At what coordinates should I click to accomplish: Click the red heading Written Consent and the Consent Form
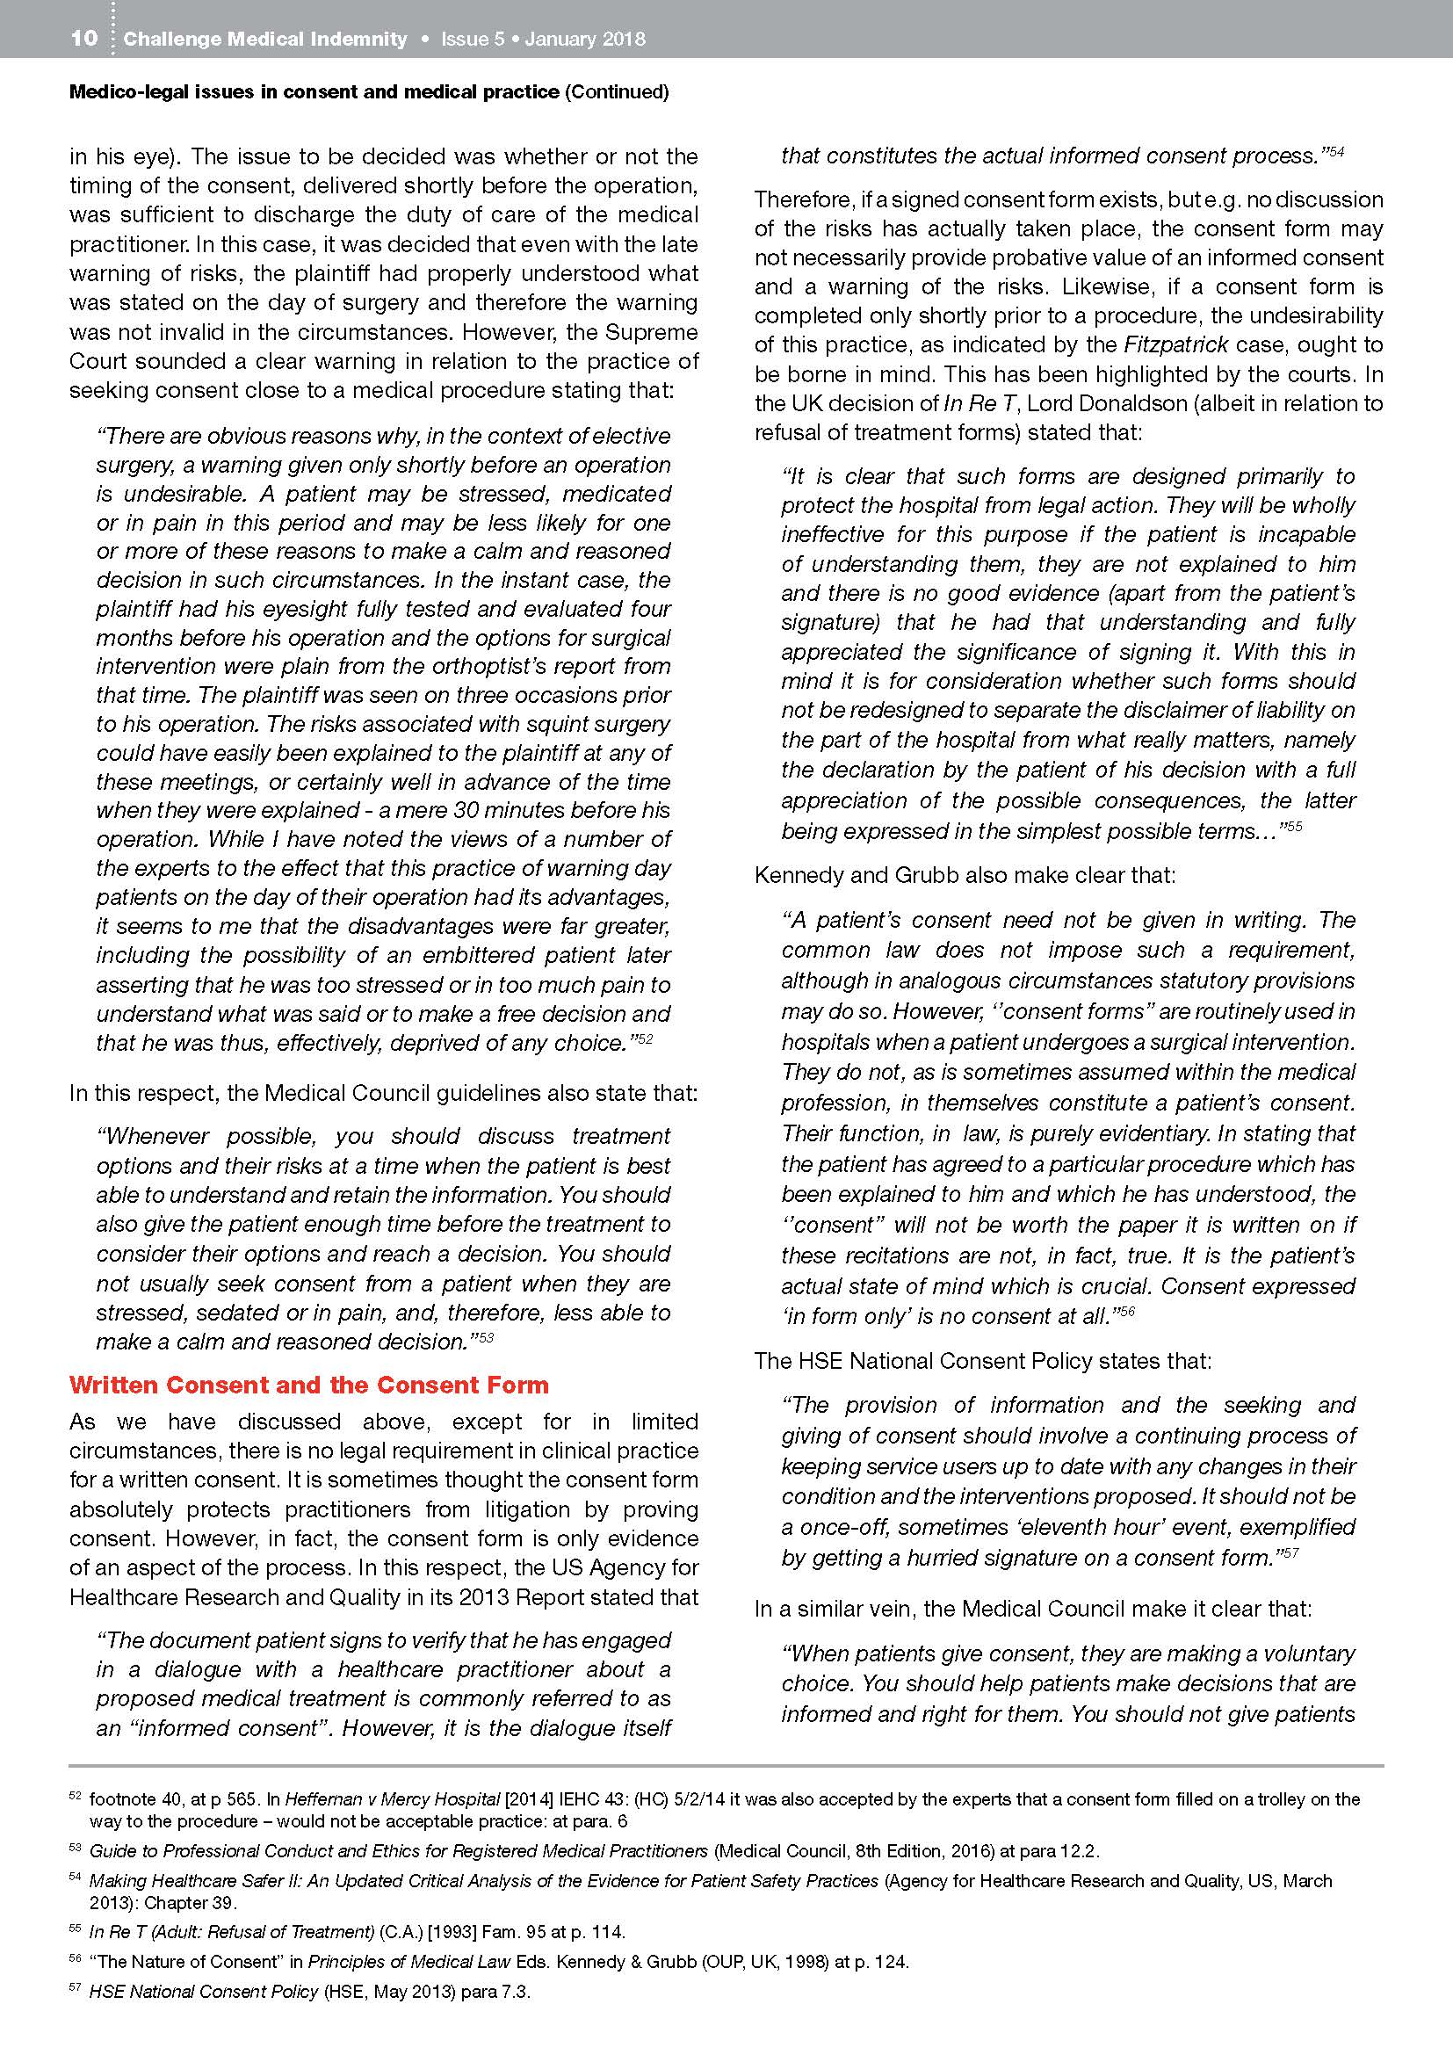coord(308,1385)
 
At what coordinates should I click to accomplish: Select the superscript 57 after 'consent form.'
coord(1289,1552)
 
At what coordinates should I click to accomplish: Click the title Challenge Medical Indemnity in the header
coord(265,40)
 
